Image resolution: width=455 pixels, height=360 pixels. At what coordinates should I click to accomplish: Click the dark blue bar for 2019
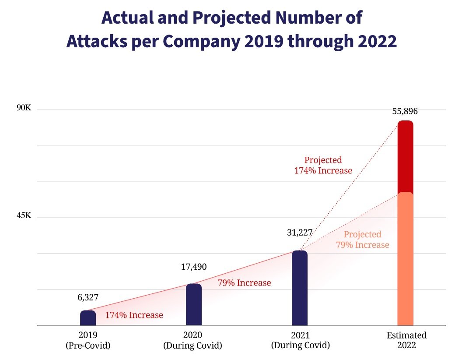[x=88, y=318]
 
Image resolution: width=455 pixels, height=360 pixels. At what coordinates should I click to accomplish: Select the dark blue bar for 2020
[x=194, y=305]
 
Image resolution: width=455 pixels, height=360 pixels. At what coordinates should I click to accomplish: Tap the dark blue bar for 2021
[x=300, y=288]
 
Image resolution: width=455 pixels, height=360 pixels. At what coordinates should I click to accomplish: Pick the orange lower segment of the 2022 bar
[x=405, y=258]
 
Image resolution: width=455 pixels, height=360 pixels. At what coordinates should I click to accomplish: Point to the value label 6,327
[x=88, y=297]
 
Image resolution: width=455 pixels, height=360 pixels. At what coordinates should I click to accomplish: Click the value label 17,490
[x=194, y=267]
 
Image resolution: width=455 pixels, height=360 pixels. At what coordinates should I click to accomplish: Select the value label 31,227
[x=300, y=233]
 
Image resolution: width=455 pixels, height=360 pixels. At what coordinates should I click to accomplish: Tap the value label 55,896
[x=405, y=111]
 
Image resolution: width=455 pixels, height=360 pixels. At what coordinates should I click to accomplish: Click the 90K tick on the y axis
[x=24, y=108]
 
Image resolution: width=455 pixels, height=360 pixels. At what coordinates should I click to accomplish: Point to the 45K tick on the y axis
[x=24, y=216]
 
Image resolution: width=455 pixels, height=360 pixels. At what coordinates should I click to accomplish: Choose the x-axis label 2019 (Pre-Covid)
[x=88, y=340]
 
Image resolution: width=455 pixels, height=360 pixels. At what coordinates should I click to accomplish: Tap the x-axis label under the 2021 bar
[x=300, y=340]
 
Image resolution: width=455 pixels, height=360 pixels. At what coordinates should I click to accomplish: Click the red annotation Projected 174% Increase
[x=323, y=166]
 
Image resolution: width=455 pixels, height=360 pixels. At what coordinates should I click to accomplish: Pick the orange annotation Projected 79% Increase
[x=362, y=240]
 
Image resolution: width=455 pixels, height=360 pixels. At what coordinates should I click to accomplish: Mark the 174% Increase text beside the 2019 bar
[x=134, y=315]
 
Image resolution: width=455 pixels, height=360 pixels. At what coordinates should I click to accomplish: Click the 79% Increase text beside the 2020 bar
[x=244, y=283]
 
